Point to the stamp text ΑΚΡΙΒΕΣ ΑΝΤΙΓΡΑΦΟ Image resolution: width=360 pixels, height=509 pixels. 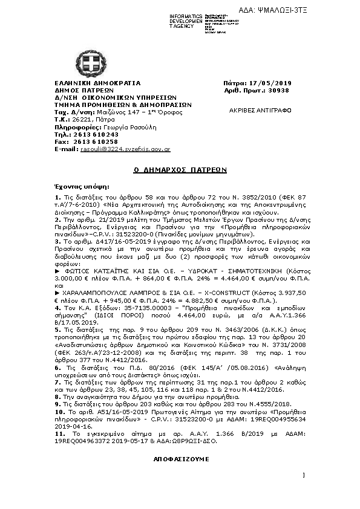point(269,111)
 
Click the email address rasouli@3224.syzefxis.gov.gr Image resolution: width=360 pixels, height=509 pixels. point(125,149)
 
